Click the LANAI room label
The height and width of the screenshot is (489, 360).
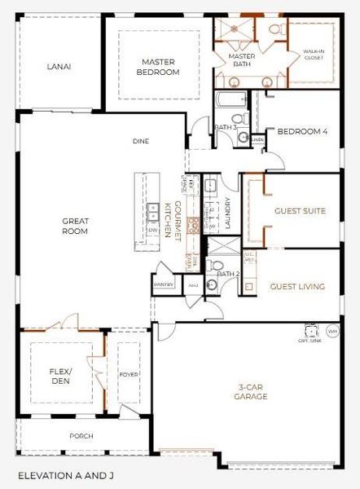(x=56, y=67)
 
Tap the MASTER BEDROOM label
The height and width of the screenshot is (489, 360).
(x=160, y=67)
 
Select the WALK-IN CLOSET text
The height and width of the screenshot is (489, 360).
(x=314, y=53)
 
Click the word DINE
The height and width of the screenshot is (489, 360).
(x=141, y=141)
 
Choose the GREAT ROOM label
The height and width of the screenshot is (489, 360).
(x=76, y=226)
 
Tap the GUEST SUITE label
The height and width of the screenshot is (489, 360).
(x=300, y=211)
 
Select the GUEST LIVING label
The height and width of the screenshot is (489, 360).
(x=297, y=286)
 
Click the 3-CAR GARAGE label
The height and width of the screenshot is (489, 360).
(x=250, y=391)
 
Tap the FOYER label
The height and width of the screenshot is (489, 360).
(x=129, y=376)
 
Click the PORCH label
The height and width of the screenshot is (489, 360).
(x=81, y=436)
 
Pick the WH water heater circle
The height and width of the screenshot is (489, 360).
(x=331, y=332)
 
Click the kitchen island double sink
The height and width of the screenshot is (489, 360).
(x=151, y=213)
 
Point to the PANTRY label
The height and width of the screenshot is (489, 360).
(x=162, y=285)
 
